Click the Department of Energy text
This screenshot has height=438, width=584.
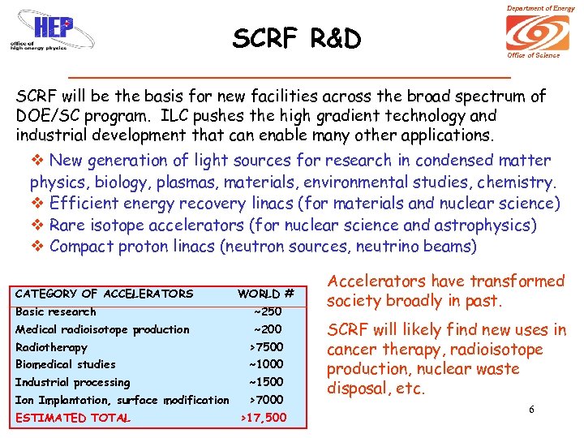point(540,8)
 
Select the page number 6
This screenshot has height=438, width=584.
point(531,410)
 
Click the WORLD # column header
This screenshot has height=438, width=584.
point(265,294)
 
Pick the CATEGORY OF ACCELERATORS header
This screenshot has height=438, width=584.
point(105,294)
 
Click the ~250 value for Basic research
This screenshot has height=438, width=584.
point(267,311)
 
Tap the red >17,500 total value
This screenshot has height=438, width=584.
point(264,419)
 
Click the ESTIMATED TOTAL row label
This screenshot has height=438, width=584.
point(72,419)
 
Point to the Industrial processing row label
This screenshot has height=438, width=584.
point(72,382)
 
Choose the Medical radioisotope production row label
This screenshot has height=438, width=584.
point(102,329)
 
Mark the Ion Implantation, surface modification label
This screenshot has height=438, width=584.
point(122,400)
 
